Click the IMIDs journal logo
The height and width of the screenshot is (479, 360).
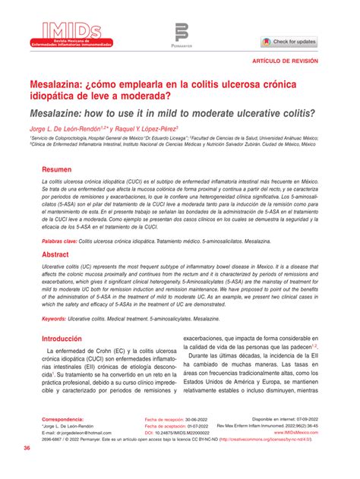point(65,33)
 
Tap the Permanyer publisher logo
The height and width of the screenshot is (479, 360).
point(182,35)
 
